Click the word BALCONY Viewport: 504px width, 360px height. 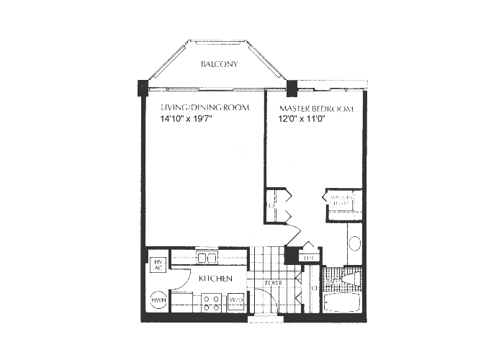(220, 64)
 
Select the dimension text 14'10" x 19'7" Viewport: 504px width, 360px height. (187, 120)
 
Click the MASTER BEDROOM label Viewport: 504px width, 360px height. (317, 109)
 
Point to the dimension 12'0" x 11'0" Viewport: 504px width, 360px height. (302, 121)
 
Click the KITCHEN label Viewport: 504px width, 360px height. (215, 278)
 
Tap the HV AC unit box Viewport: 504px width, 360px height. (157, 264)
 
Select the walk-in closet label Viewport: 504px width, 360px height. (341, 199)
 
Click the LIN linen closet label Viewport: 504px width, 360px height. (310, 257)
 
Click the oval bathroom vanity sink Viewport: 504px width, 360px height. (354, 243)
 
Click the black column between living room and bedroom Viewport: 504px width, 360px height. (292, 90)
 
